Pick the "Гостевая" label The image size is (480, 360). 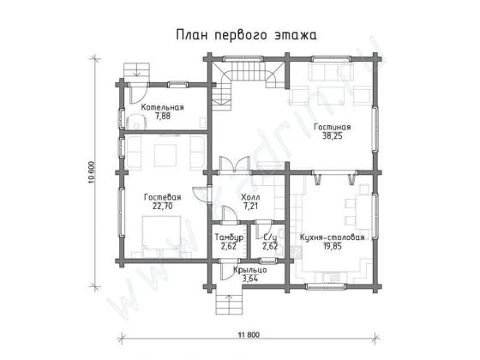pos(161,197)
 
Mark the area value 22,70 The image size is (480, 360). pos(161,206)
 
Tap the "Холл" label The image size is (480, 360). pos(250,197)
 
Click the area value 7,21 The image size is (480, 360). pos(250,206)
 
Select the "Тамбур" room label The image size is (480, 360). pos(229,237)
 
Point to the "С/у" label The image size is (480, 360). pos(268,237)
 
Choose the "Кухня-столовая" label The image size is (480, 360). pos(333,237)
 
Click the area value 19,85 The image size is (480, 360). pos(333,246)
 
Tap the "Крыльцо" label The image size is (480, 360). pos(249,270)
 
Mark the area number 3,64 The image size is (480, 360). pos(249,279)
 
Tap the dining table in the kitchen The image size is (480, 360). pos(355,210)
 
